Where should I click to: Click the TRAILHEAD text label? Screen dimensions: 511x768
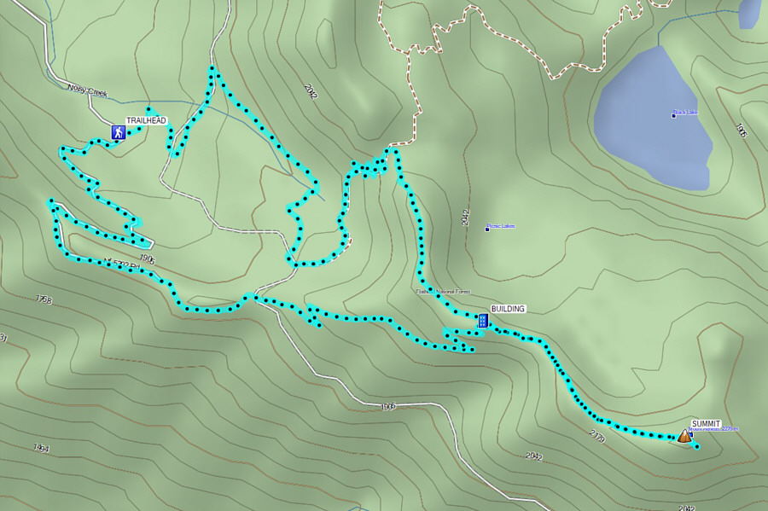pyautogui.click(x=146, y=121)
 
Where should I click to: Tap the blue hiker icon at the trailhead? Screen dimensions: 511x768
pyautogui.click(x=118, y=132)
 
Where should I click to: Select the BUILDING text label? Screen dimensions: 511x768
pyautogui.click(x=508, y=309)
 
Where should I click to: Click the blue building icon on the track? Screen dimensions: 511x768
pyautogui.click(x=483, y=321)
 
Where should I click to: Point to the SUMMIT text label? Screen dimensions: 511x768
pyautogui.click(x=706, y=424)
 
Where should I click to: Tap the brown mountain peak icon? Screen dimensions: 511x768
pyautogui.click(x=684, y=436)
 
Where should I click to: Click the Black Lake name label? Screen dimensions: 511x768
pyautogui.click(x=686, y=112)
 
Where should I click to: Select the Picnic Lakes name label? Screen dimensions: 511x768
pyautogui.click(x=502, y=226)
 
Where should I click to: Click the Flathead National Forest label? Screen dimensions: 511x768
pyautogui.click(x=444, y=292)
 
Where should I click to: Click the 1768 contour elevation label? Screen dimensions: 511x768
pyautogui.click(x=44, y=299)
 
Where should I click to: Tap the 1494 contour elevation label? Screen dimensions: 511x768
pyautogui.click(x=41, y=447)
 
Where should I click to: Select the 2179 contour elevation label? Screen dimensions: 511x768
pyautogui.click(x=596, y=437)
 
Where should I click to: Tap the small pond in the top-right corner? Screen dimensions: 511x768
pyautogui.click(x=748, y=13)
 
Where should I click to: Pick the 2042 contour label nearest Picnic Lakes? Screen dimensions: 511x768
pyautogui.click(x=464, y=217)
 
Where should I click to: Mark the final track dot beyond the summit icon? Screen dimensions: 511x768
pyautogui.click(x=697, y=446)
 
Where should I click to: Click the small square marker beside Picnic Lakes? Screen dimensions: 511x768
pyautogui.click(x=487, y=229)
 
